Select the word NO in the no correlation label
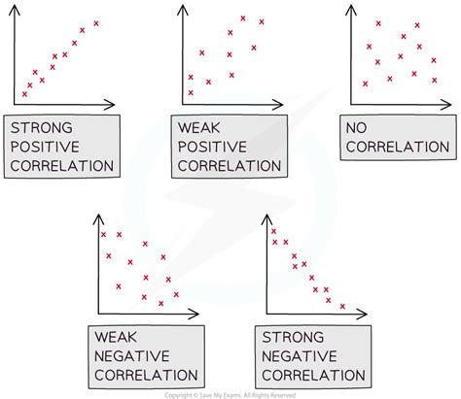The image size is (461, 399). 373,128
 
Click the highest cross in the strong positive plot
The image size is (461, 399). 96,22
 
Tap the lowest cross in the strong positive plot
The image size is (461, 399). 24,93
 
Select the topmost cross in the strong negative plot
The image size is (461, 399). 273,230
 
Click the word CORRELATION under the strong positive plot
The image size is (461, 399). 61,165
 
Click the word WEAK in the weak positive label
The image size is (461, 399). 199,128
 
